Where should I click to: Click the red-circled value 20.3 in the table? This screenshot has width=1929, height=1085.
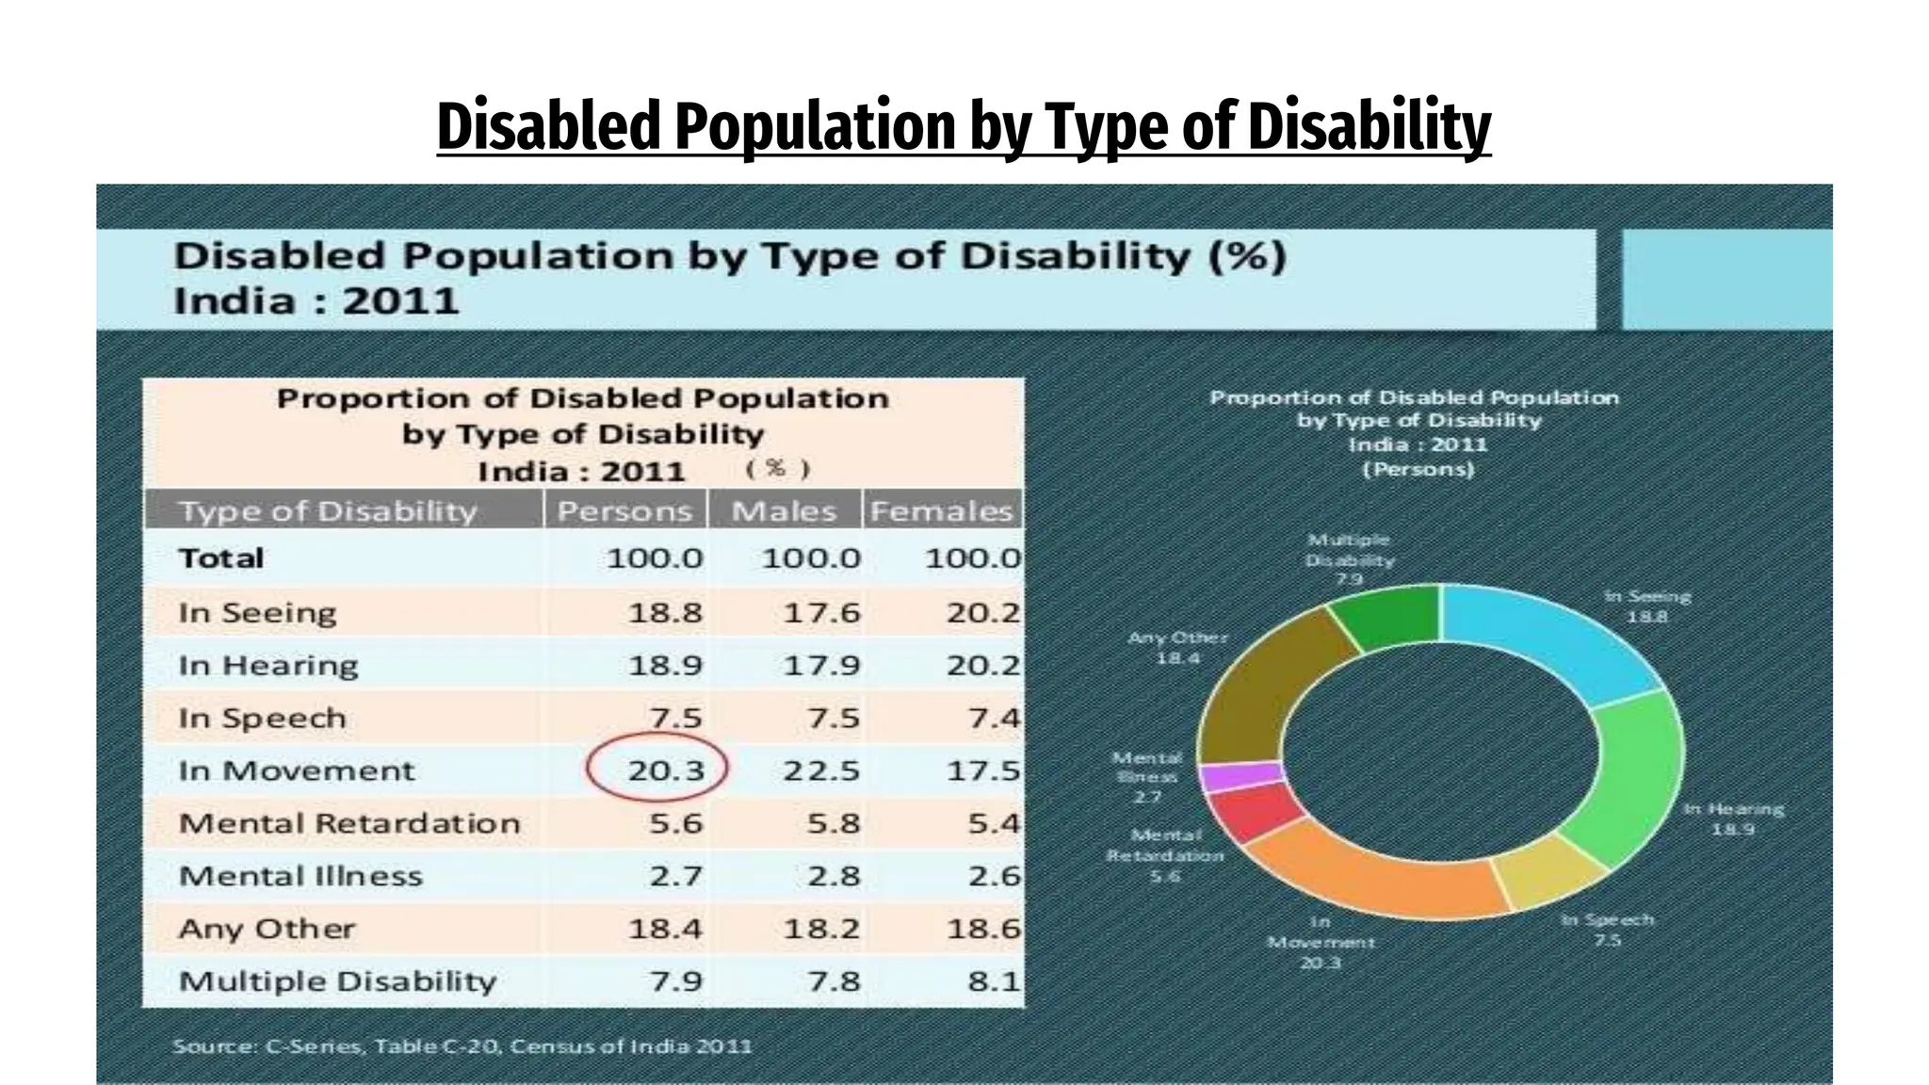665,770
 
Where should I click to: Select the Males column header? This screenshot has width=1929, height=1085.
784,510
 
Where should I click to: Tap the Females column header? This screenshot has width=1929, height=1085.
941,510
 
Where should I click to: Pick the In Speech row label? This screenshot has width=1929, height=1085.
263,718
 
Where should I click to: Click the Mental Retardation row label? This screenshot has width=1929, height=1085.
349,823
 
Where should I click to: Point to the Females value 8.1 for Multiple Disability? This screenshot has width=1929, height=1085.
993,981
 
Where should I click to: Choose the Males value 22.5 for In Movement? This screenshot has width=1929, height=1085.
821,770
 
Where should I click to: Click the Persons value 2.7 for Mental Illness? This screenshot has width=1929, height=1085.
675,876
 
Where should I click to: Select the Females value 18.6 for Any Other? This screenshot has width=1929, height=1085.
982,929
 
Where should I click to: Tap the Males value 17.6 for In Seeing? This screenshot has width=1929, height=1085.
821,613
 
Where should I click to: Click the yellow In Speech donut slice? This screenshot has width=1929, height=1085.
1545,866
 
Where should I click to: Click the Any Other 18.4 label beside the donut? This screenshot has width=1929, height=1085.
1177,647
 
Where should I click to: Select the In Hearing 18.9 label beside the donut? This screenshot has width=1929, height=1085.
1733,818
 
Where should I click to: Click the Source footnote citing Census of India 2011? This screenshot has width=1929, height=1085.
462,1045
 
